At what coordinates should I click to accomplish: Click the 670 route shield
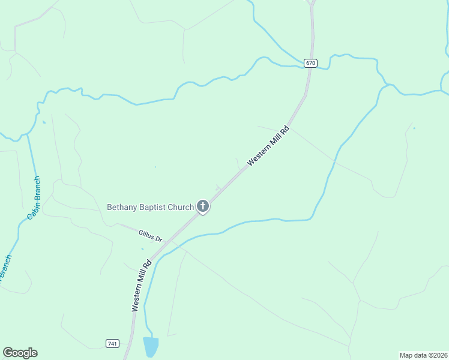(310, 63)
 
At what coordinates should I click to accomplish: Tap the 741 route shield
(112, 343)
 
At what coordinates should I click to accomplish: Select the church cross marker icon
(203, 207)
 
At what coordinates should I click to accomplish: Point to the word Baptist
(152, 207)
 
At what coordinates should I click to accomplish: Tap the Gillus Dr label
(150, 235)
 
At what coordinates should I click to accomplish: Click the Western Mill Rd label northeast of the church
(268, 145)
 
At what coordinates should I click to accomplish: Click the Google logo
(20, 353)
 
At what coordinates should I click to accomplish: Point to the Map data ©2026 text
(423, 355)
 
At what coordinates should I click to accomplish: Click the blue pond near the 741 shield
(151, 347)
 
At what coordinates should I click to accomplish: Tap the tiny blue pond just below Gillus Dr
(142, 248)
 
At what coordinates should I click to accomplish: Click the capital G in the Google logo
(8, 352)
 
